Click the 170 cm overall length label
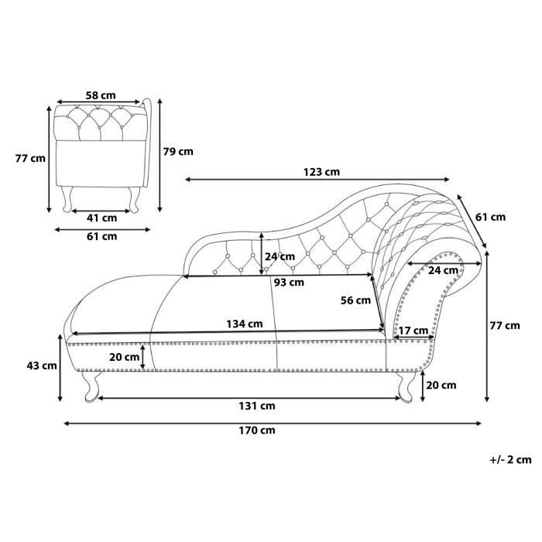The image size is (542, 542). (x=257, y=431)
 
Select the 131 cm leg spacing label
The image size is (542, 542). (x=257, y=406)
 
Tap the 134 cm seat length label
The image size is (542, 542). (x=245, y=324)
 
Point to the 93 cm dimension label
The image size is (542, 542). (x=289, y=283)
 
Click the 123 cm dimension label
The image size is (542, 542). (x=321, y=172)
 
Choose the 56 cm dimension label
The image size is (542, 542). (x=355, y=300)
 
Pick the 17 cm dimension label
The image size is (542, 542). (x=413, y=331)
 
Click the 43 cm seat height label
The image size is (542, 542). (x=42, y=365)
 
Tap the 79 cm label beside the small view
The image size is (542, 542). (x=178, y=152)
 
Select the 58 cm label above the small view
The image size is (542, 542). (x=101, y=95)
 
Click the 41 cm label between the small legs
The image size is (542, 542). (x=101, y=218)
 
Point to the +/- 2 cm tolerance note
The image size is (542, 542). (x=510, y=460)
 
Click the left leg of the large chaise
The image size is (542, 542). (x=91, y=386)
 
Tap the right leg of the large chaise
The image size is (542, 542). (x=405, y=386)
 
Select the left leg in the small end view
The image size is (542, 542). (x=67, y=200)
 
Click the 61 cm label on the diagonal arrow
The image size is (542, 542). (x=490, y=217)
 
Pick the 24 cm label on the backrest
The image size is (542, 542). (x=280, y=256)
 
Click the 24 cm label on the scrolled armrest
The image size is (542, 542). (x=443, y=270)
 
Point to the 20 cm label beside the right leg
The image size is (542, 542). (x=441, y=385)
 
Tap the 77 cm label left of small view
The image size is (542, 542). (x=30, y=158)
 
